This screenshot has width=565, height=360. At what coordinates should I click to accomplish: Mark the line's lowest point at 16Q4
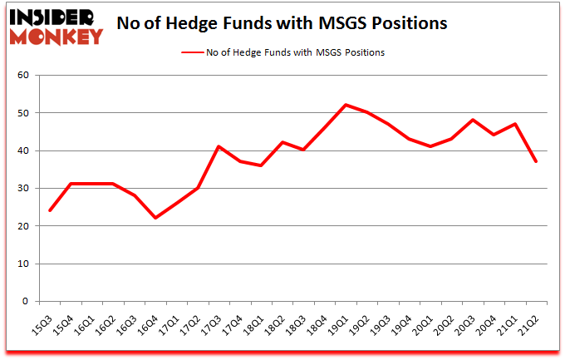(155, 218)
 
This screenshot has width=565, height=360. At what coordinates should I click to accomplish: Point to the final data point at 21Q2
(536, 161)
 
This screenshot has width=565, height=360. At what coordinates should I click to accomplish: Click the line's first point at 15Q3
(50, 210)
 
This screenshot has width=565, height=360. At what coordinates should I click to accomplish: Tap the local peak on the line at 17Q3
(219, 146)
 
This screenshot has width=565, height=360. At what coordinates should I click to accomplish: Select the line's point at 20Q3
(473, 120)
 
